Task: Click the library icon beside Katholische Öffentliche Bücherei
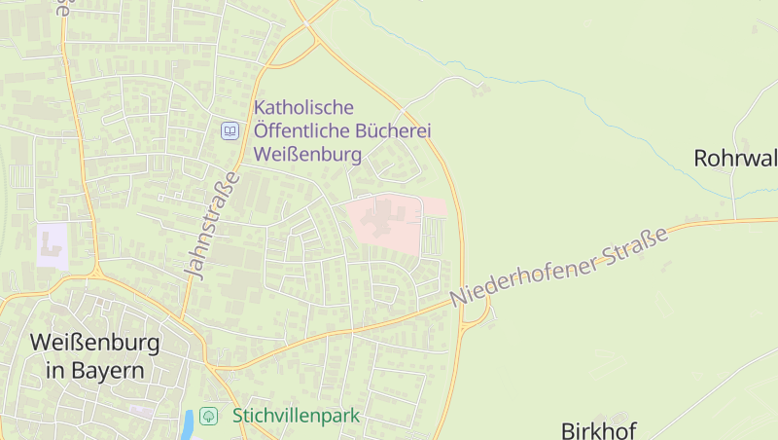pyautogui.click(x=230, y=130)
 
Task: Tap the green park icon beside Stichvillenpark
pyautogui.click(x=208, y=416)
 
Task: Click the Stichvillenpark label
pyautogui.click(x=296, y=416)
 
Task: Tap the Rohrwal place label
pyautogui.click(x=734, y=158)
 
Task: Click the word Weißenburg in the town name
pyautogui.click(x=94, y=343)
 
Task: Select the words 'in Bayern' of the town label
pyautogui.click(x=94, y=371)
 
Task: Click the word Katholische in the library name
pyautogui.click(x=303, y=107)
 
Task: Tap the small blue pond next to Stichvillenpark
pyautogui.click(x=187, y=423)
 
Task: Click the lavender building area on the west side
pyautogui.click(x=52, y=244)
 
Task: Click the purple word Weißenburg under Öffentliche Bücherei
pyautogui.click(x=307, y=154)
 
